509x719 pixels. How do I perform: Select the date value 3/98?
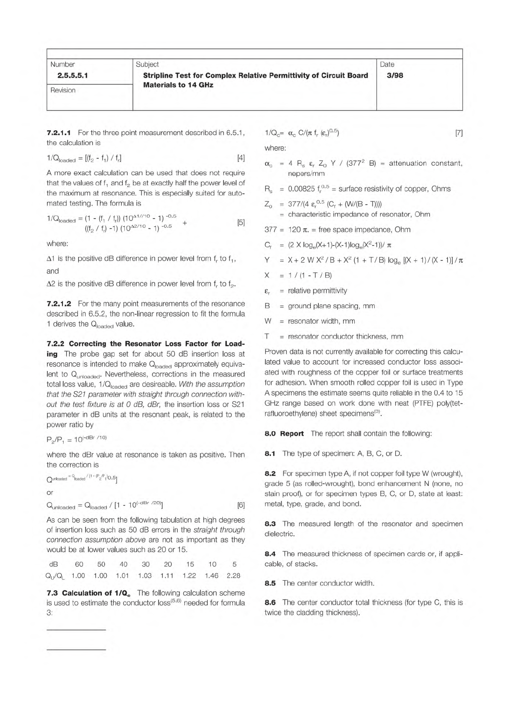(x=394, y=76)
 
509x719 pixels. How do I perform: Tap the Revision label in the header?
(x=63, y=90)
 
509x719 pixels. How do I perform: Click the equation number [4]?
(x=241, y=158)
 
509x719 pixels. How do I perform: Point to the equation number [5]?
(x=241, y=222)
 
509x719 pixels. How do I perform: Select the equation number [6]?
(x=241, y=505)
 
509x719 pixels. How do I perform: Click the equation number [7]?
(x=459, y=133)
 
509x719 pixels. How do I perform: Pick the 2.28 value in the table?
(x=233, y=576)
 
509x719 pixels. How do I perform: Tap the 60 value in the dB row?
(x=79, y=564)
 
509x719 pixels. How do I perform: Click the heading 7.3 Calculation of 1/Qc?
(x=97, y=593)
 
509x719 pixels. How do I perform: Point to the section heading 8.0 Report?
(x=284, y=433)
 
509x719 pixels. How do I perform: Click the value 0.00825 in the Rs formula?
(x=302, y=189)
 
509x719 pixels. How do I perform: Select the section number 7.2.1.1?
(x=59, y=133)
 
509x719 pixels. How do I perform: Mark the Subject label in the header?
(x=147, y=64)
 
